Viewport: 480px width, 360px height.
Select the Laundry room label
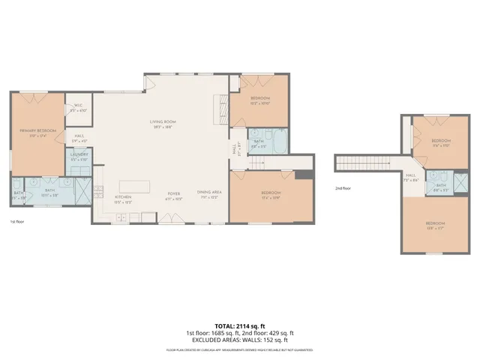click(79, 159)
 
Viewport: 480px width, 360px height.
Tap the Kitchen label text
click(123, 198)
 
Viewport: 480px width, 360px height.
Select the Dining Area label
click(208, 194)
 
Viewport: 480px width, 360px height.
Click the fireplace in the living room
click(220, 109)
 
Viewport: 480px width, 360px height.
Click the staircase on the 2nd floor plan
click(363, 163)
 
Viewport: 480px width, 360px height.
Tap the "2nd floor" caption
click(343, 188)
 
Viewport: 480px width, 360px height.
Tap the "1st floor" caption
click(16, 222)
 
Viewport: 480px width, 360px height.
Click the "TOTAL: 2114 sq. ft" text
click(240, 326)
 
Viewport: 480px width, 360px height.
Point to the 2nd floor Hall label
click(410, 177)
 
